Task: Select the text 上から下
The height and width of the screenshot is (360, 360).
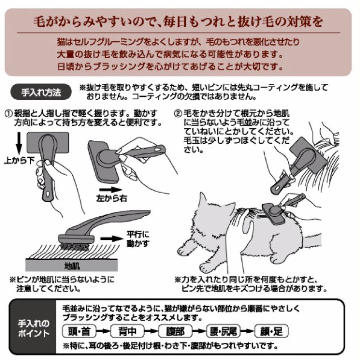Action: click(x=19, y=159)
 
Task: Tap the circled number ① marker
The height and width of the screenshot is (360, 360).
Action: click(x=8, y=113)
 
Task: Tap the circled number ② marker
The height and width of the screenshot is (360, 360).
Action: click(x=177, y=113)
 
